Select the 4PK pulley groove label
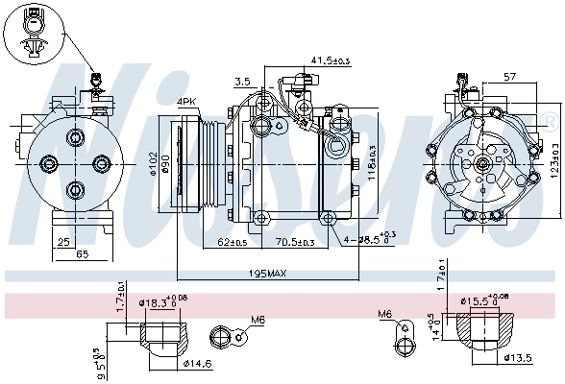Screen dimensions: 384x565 pyautogui.click(x=186, y=101)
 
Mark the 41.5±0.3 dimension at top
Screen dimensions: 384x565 pyautogui.click(x=331, y=60)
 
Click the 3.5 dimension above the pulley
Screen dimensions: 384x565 pyautogui.click(x=242, y=82)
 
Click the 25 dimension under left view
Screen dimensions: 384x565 pyautogui.click(x=62, y=241)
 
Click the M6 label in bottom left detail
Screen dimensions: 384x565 pyautogui.click(x=258, y=320)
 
